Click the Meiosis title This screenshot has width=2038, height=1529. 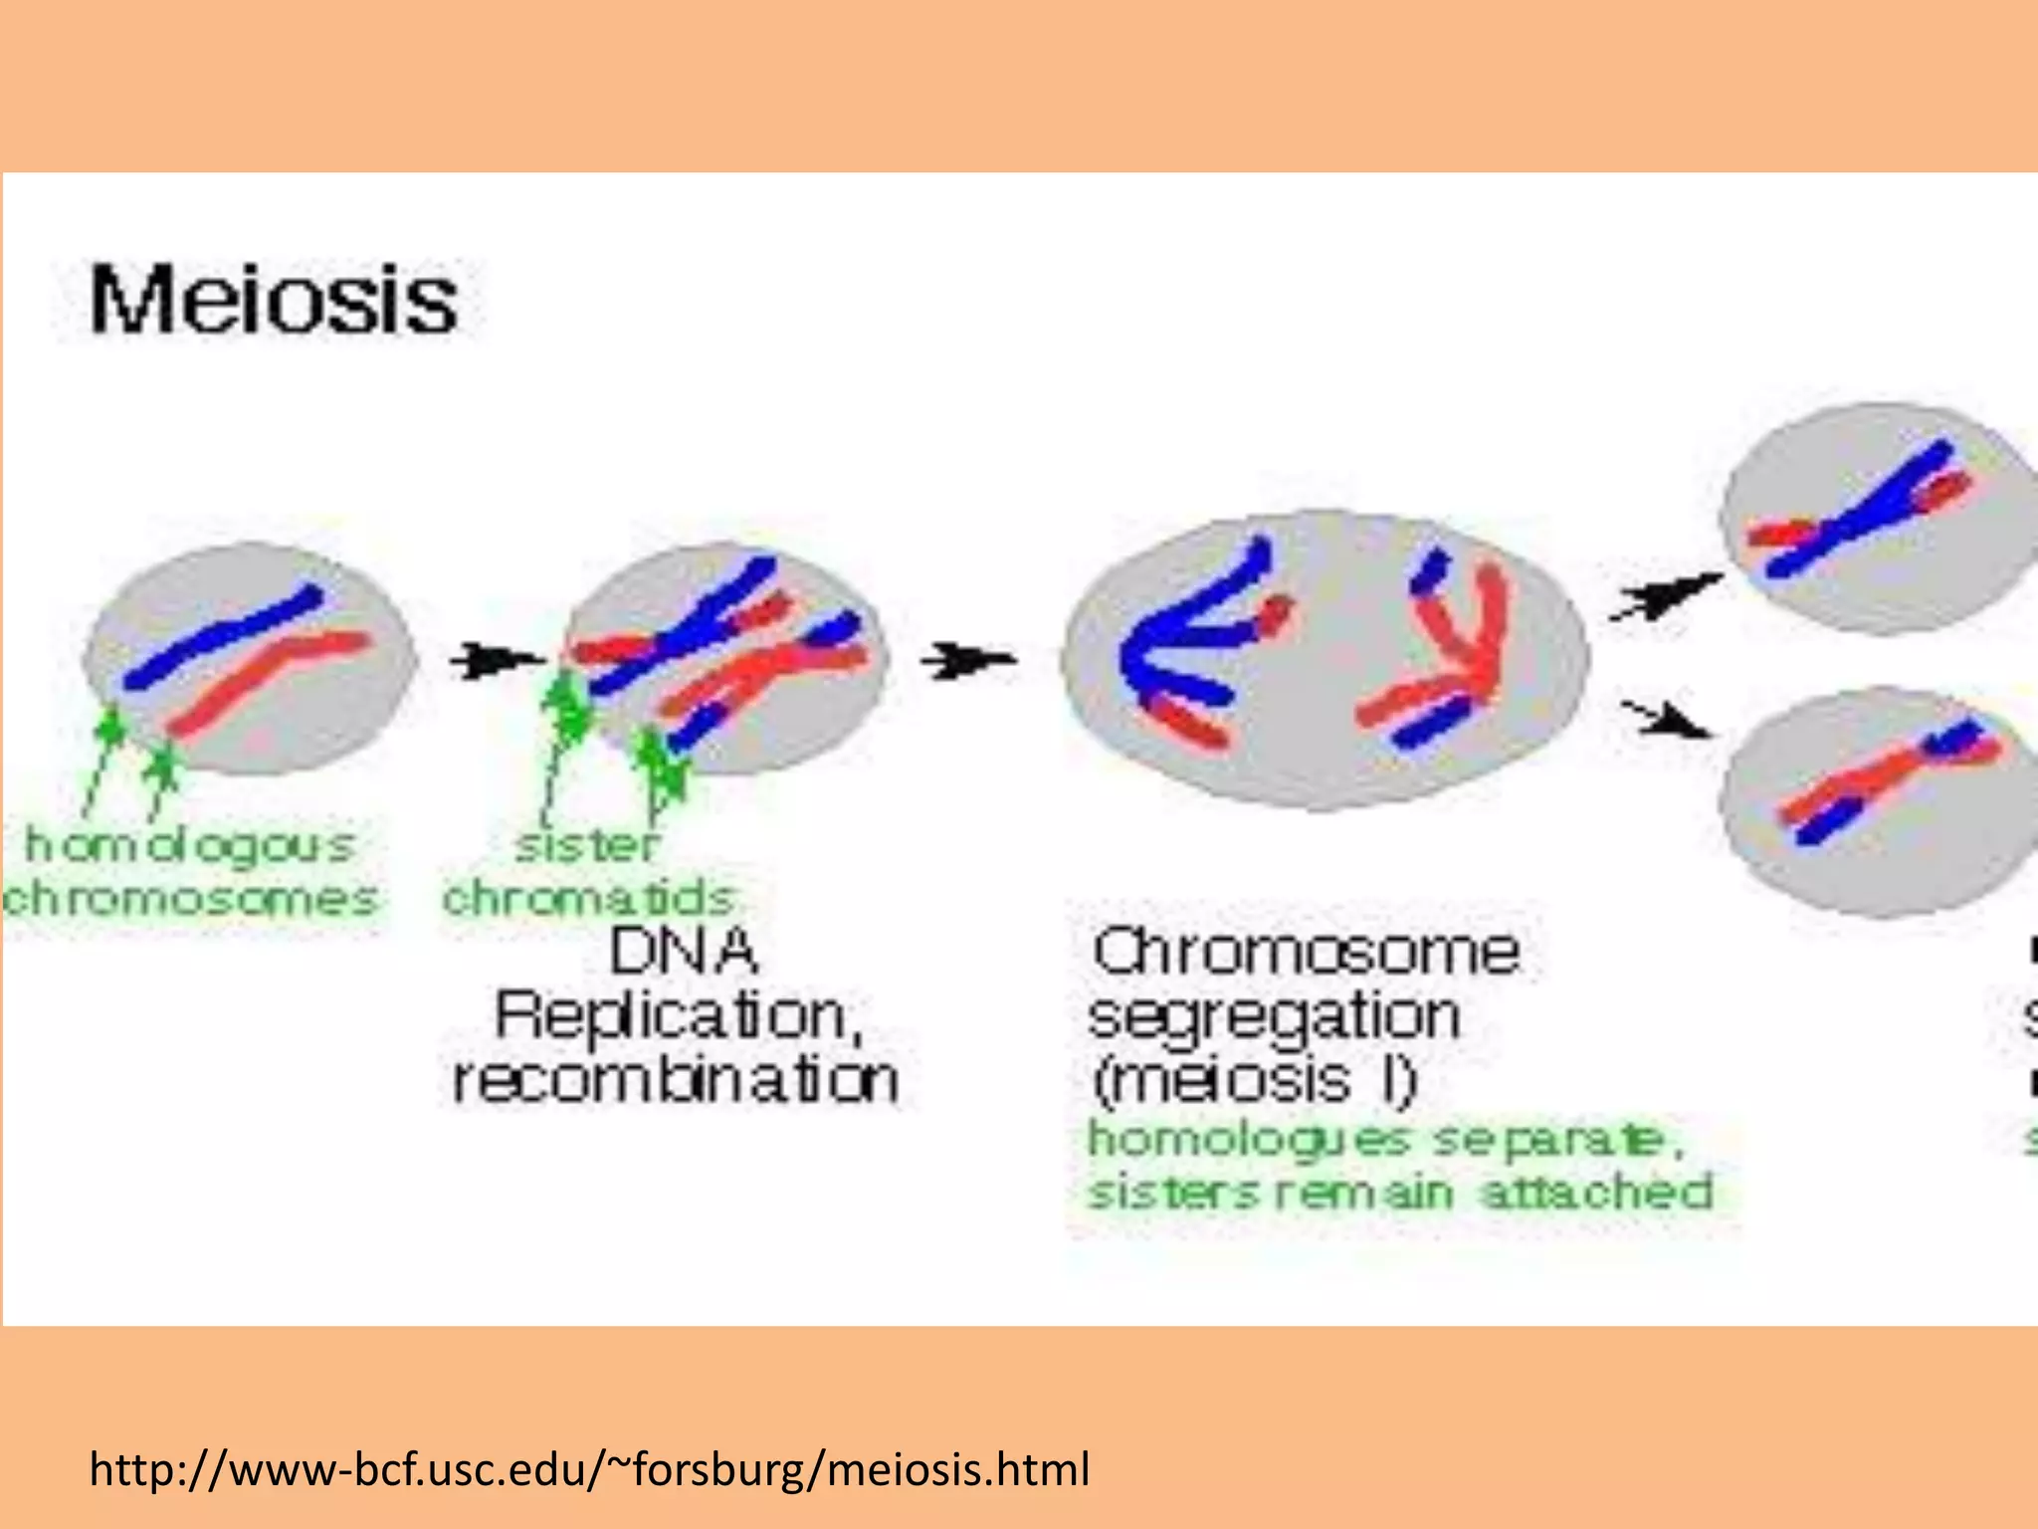274,300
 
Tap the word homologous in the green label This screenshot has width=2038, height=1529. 189,846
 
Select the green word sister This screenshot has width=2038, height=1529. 587,846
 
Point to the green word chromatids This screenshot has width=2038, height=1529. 587,899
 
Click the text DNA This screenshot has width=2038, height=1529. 684,952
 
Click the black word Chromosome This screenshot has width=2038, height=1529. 1305,952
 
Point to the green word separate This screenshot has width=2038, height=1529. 1557,1141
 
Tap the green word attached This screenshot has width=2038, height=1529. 1597,1193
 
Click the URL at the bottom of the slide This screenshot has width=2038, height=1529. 589,1469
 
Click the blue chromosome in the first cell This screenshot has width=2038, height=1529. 224,637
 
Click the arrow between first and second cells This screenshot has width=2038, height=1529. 495,660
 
